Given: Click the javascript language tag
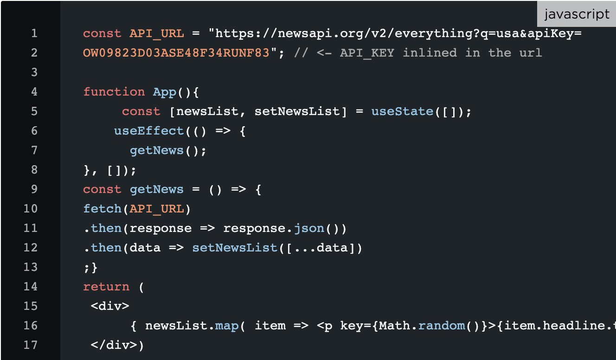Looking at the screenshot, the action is tap(577, 14).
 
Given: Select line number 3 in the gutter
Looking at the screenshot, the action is tap(34, 72).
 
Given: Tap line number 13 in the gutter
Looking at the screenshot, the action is tap(31, 267).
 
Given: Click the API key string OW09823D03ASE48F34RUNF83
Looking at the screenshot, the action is tap(176, 53).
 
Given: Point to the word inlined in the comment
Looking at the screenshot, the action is tap(430, 53).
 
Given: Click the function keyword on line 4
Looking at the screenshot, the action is tap(114, 92).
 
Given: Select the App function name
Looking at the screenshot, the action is tap(165, 92).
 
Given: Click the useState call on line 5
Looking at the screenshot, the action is tap(402, 111).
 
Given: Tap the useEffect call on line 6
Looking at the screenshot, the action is tap(149, 131).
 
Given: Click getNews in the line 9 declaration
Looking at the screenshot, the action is tap(156, 189).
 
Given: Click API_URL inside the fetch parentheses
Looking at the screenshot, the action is tap(156, 209).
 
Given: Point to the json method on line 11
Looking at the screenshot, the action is tap(309, 229).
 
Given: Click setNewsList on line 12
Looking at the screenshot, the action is tap(235, 248).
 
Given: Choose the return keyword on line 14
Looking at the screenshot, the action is tap(106, 287).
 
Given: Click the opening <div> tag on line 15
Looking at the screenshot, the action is tap(110, 306).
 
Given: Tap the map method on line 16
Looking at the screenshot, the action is tap(227, 326).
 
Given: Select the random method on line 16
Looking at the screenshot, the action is tap(442, 326).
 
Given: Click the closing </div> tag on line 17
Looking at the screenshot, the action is tap(114, 345).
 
